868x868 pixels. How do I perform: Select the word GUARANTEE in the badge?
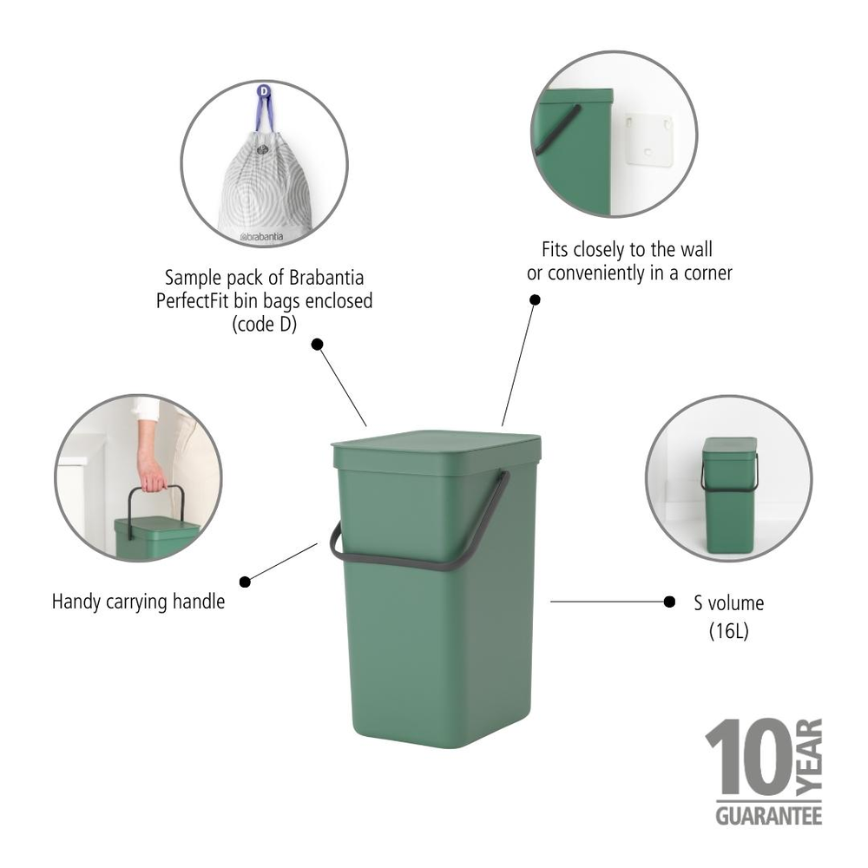pos(768,816)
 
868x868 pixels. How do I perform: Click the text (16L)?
pos(729,632)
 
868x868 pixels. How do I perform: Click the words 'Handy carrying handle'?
pos(138,601)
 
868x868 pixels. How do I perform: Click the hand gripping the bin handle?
pos(151,474)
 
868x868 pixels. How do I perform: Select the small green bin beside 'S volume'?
pos(729,495)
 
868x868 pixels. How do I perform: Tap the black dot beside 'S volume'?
pos(669,601)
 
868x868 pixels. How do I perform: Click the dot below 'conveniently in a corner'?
pos(535,299)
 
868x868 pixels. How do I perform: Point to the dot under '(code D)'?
pos(317,345)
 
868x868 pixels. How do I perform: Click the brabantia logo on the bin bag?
pos(265,235)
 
